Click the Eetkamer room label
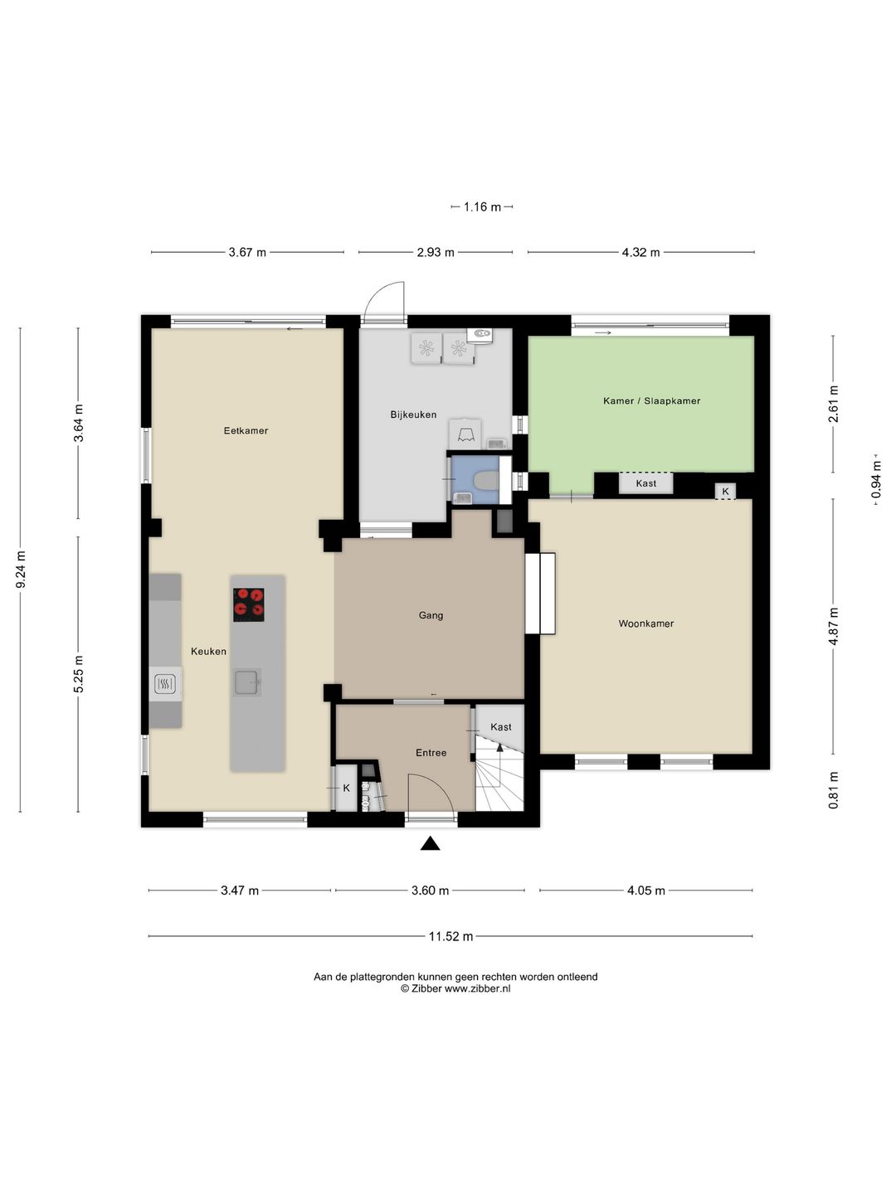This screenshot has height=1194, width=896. [x=246, y=431]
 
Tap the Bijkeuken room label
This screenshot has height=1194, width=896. [x=413, y=415]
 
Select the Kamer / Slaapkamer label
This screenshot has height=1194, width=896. [x=652, y=400]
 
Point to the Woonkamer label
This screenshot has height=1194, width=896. [x=646, y=624]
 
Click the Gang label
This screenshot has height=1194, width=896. [x=431, y=616]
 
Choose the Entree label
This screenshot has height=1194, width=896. [x=431, y=753]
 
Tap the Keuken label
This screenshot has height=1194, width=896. [x=208, y=651]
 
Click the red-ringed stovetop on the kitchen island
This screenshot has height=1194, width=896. [x=249, y=605]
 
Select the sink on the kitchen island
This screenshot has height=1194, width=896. [x=247, y=682]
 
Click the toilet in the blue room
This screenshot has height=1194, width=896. [x=486, y=481]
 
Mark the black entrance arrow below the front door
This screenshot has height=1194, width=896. [x=431, y=843]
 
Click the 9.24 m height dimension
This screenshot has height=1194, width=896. [x=21, y=570]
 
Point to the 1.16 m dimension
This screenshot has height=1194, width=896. [x=482, y=206]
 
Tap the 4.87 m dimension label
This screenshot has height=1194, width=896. [x=833, y=626]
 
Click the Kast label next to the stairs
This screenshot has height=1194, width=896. [x=501, y=726]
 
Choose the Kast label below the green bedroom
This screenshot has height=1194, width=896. [x=646, y=483]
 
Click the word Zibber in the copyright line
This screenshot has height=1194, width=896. [x=426, y=989]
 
